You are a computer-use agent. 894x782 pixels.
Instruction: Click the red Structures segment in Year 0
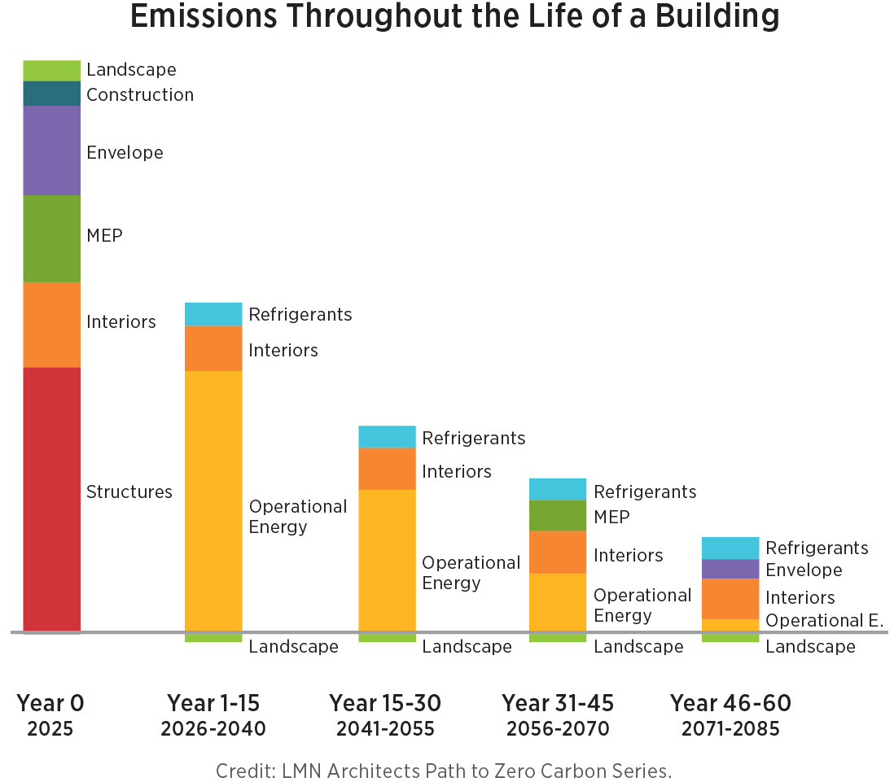[51, 498]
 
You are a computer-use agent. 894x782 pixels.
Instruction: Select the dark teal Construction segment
[51, 94]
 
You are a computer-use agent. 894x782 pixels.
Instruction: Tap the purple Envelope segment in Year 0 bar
[51, 151]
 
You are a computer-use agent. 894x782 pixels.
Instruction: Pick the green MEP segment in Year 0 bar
[51, 238]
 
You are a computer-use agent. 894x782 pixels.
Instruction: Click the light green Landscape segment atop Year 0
[51, 71]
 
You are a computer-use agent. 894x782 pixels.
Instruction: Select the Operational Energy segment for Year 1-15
[213, 500]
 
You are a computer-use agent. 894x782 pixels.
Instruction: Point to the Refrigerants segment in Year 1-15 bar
[213, 314]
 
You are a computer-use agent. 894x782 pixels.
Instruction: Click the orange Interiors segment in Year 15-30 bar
[387, 469]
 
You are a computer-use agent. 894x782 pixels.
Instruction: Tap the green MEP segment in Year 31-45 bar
[558, 515]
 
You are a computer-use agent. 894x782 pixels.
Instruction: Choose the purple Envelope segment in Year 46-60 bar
[730, 569]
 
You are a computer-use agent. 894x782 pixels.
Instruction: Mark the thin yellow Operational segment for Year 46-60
[730, 625]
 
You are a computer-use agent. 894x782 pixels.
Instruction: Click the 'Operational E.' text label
[824, 621]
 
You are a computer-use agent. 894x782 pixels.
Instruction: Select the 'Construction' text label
[140, 95]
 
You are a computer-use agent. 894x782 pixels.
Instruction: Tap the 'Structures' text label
[129, 492]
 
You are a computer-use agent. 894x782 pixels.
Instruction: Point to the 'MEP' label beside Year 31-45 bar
[611, 517]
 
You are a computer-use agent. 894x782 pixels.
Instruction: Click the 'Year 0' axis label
[50, 703]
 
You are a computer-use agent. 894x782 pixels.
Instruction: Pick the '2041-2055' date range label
[385, 728]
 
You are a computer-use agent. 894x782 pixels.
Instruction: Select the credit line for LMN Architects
[444, 771]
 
